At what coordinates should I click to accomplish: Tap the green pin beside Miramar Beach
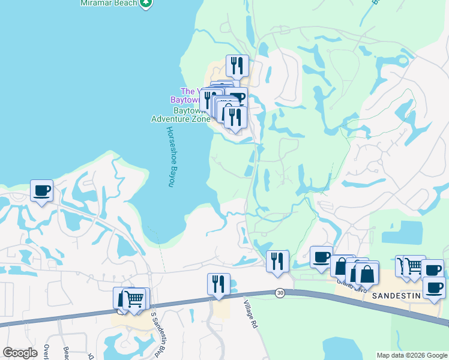[145, 4]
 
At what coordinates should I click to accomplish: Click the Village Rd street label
[251, 314]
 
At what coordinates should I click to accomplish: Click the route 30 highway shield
[280, 292]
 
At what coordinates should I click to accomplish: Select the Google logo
[20, 353]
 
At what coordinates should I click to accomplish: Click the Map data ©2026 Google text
[411, 355]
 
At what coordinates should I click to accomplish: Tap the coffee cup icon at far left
[41, 191]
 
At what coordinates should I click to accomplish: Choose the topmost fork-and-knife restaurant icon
[237, 65]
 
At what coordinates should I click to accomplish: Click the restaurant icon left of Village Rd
[218, 284]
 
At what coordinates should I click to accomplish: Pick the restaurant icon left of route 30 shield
[277, 261]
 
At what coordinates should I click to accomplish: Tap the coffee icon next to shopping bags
[321, 257]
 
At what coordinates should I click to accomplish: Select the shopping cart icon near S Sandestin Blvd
[134, 298]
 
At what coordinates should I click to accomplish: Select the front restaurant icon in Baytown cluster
[235, 117]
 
